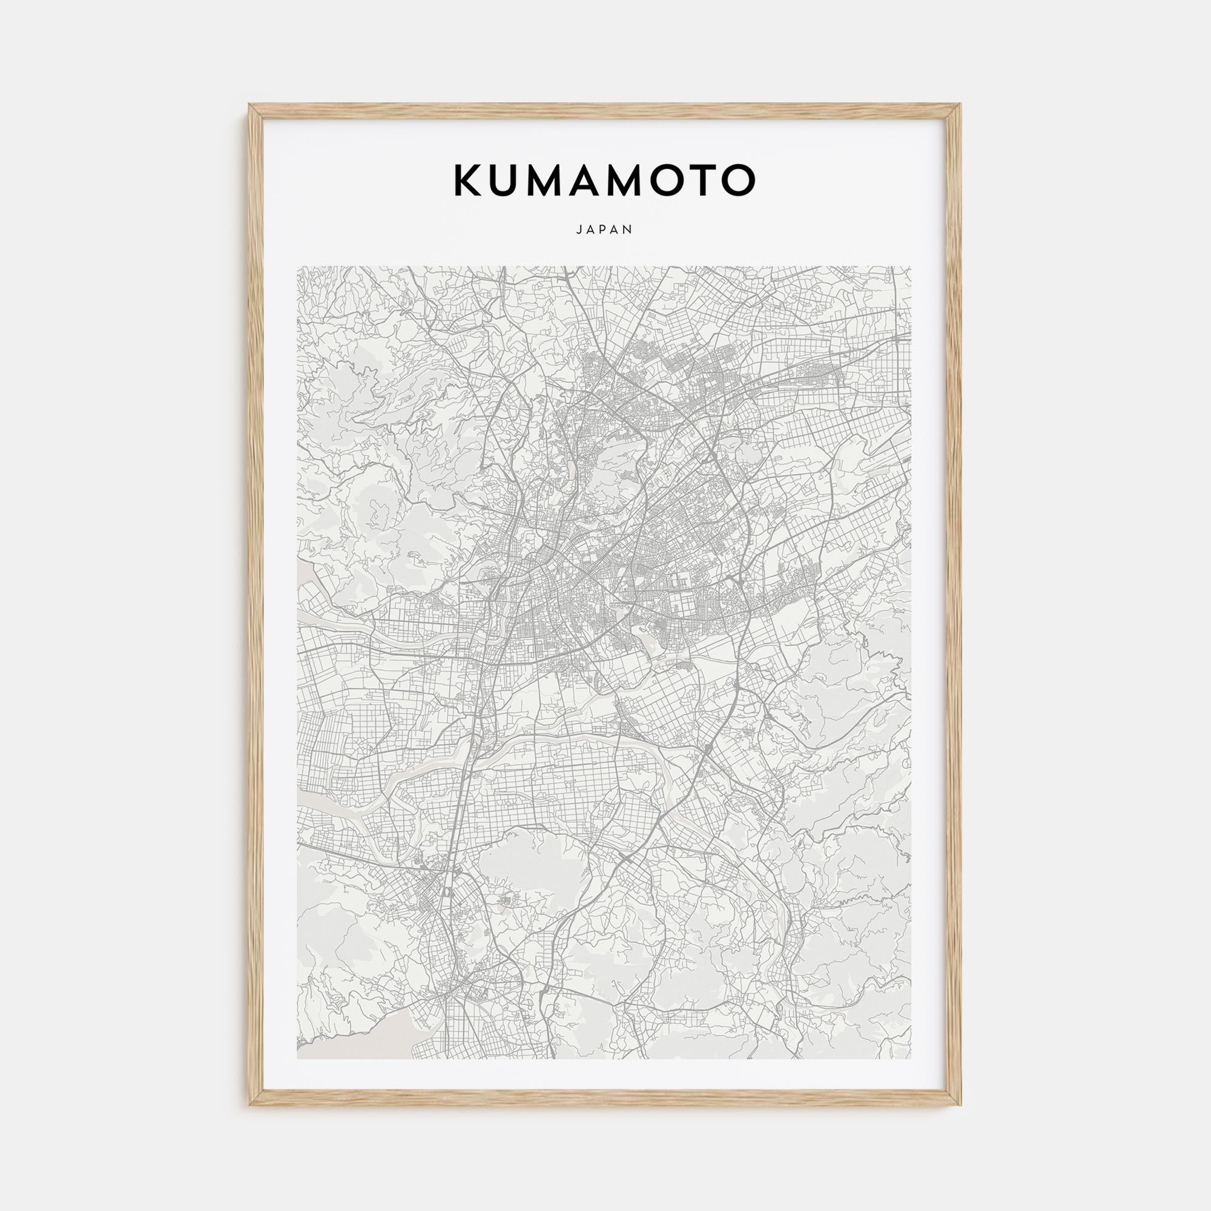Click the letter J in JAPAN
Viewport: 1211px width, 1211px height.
coord(578,229)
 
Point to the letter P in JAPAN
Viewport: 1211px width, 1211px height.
coord(605,229)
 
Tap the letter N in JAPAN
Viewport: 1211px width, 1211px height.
coord(629,229)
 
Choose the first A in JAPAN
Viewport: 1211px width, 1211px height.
coord(591,229)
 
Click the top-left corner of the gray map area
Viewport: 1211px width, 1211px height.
coord(297,266)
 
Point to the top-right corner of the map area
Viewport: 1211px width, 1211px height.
coord(911,266)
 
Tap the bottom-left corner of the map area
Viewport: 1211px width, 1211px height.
coord(297,1058)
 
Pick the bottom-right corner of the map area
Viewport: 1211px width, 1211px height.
coord(911,1058)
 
